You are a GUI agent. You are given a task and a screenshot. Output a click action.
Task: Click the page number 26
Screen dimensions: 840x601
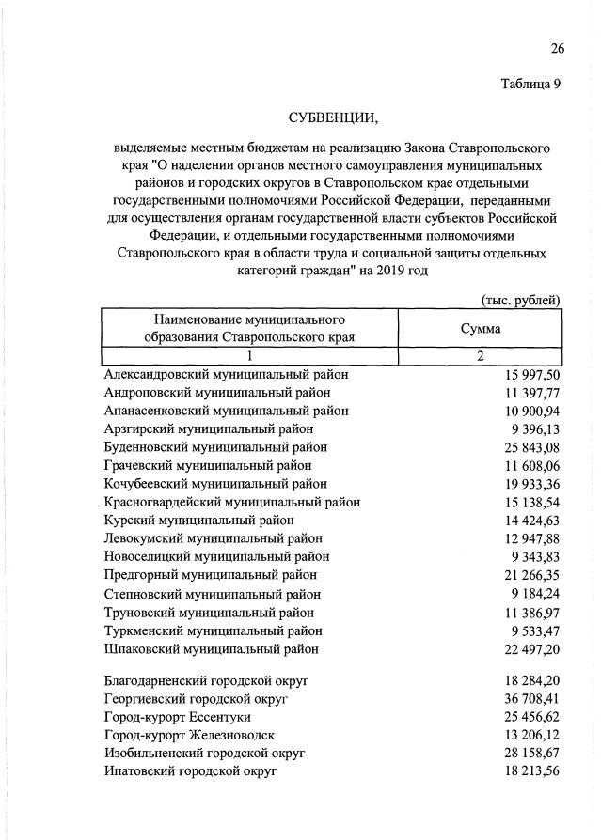click(x=556, y=49)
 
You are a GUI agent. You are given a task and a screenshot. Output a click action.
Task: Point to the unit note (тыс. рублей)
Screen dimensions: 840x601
click(x=520, y=300)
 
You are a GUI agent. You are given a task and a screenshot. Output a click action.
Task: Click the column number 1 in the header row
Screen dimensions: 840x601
click(x=249, y=356)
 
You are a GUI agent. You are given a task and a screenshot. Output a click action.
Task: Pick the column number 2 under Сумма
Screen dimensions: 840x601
click(x=480, y=356)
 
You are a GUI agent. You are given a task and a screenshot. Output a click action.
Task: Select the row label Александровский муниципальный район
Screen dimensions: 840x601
click(x=226, y=374)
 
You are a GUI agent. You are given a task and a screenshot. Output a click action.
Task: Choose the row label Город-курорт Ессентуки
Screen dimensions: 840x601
click(x=175, y=717)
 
